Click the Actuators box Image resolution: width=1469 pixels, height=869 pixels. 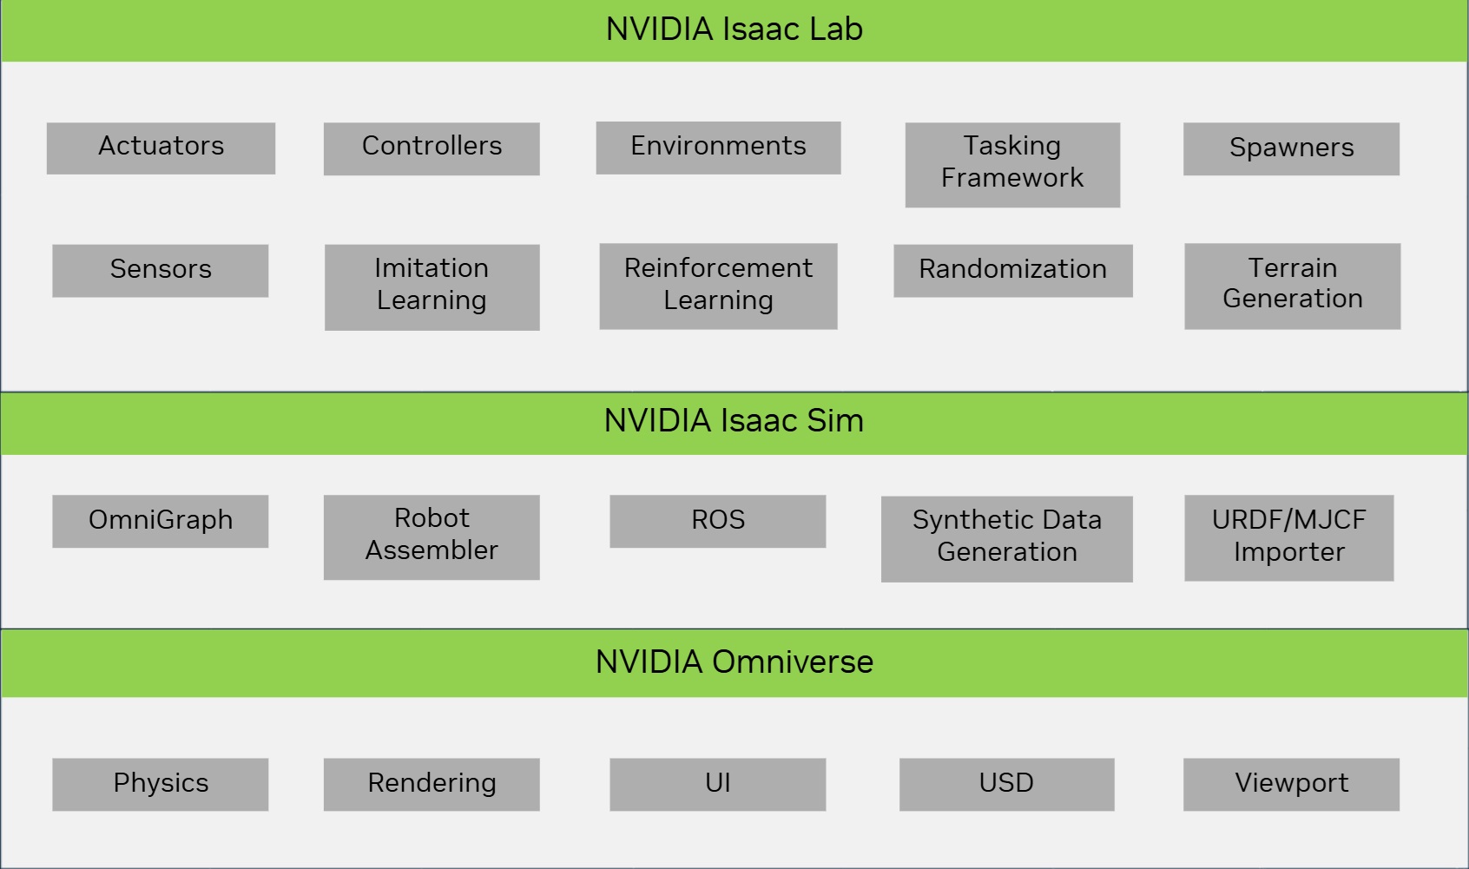(161, 148)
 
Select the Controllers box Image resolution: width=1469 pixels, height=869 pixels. (431, 148)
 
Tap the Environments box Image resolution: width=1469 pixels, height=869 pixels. (718, 148)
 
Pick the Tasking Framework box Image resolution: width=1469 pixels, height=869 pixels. (1012, 164)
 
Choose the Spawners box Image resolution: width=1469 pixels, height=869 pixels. (1291, 148)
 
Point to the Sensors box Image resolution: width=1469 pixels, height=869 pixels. (161, 270)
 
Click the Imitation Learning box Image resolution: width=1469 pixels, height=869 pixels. (431, 286)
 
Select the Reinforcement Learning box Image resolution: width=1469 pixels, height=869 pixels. (718, 286)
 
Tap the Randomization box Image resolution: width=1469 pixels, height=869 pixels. (1012, 270)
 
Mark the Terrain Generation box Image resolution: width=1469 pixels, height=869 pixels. (1292, 286)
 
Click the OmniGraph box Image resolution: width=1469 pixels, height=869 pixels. (161, 521)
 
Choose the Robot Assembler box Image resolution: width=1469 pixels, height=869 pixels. (431, 537)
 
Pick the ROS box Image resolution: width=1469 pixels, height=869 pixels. (718, 521)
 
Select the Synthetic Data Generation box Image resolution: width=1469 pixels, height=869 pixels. (1006, 538)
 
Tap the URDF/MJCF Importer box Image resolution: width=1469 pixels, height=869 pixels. (1288, 537)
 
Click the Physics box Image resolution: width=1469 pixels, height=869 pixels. (161, 784)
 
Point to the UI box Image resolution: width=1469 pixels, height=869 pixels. (718, 784)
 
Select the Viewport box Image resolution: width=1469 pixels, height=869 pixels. (1291, 784)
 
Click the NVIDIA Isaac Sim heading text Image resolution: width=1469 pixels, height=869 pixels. (734, 422)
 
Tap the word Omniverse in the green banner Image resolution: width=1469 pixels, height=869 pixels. (792, 663)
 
